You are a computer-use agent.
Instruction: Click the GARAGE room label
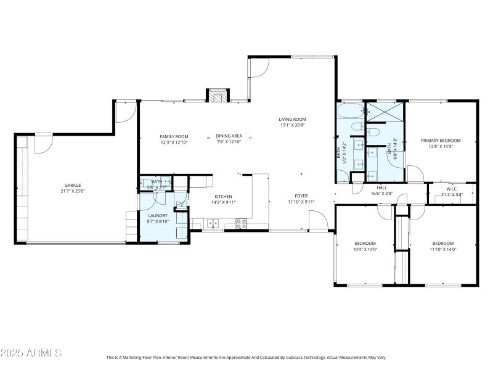coord(73,185)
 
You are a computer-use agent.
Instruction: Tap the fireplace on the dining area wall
coord(217,96)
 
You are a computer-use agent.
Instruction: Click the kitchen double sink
coord(213,223)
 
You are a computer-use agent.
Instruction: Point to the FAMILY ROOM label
coord(174,136)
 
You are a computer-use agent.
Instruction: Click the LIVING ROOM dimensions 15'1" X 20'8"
coord(292,125)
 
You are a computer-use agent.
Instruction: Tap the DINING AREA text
coord(229,136)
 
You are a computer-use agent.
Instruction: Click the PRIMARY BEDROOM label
coord(441,141)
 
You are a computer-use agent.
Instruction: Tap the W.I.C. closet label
coord(452,189)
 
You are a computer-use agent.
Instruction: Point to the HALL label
coord(381,187)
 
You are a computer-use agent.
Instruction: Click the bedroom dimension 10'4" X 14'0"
coord(365,249)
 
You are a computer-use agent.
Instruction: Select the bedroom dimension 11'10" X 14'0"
coord(442,249)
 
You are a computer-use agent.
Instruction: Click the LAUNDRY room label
coord(158,215)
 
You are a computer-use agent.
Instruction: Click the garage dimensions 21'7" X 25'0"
coord(73,191)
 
